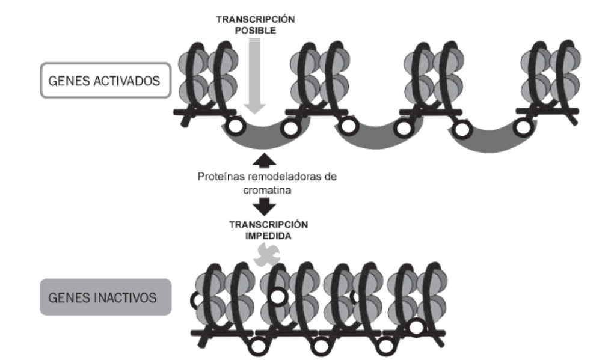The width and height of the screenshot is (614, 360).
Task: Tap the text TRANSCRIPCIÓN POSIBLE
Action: [256, 25]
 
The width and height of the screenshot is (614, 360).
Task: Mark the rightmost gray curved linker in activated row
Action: [490, 138]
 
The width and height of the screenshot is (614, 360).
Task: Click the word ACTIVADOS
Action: [130, 81]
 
